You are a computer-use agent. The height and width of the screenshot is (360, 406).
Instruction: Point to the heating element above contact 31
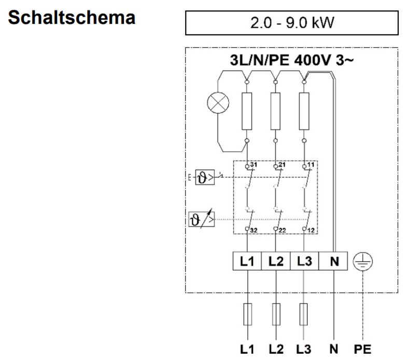pos(246,111)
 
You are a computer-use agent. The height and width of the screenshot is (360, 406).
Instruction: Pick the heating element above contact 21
pos(276,111)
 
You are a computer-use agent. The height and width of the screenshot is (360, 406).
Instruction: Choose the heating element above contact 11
pos(305,111)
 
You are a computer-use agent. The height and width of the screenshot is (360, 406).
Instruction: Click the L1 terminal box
pos(247,261)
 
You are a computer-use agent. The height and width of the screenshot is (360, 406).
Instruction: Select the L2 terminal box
pos(276,261)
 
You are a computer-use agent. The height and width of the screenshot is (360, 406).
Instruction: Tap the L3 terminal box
pos(305,261)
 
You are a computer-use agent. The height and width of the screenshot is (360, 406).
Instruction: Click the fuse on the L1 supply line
pos(247,314)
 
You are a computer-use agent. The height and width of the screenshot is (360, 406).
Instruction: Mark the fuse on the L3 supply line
pos(305,314)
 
